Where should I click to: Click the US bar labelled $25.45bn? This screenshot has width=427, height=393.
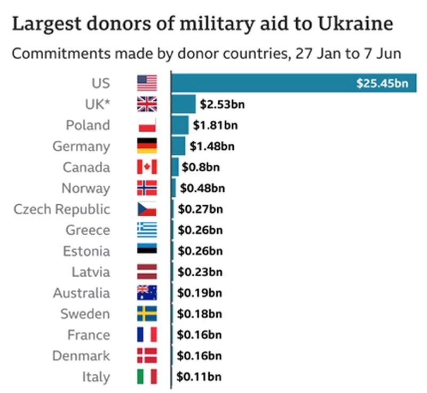coord(294,83)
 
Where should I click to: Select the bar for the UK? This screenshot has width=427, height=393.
coord(184,104)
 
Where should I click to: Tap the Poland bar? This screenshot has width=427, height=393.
coord(180,125)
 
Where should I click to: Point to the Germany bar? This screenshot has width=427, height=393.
coord(178,146)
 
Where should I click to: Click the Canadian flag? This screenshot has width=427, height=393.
coord(147,167)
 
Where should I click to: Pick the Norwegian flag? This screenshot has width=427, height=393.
coord(147,188)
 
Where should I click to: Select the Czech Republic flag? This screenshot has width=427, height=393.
coord(147,209)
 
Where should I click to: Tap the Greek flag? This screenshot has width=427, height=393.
coord(147,230)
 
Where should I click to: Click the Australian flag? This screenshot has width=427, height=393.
coord(147,293)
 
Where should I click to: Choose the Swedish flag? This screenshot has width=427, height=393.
coord(147,314)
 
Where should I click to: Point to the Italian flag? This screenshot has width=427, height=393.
coord(147,376)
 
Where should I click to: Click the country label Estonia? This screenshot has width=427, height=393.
coord(86,251)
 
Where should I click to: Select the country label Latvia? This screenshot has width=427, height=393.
coord(91,272)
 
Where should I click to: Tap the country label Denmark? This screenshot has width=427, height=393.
coord(81,356)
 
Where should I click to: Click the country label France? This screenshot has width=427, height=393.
coord(89,335)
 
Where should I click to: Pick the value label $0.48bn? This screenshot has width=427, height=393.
coord(202,188)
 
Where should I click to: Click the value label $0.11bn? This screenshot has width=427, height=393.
coord(199,376)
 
